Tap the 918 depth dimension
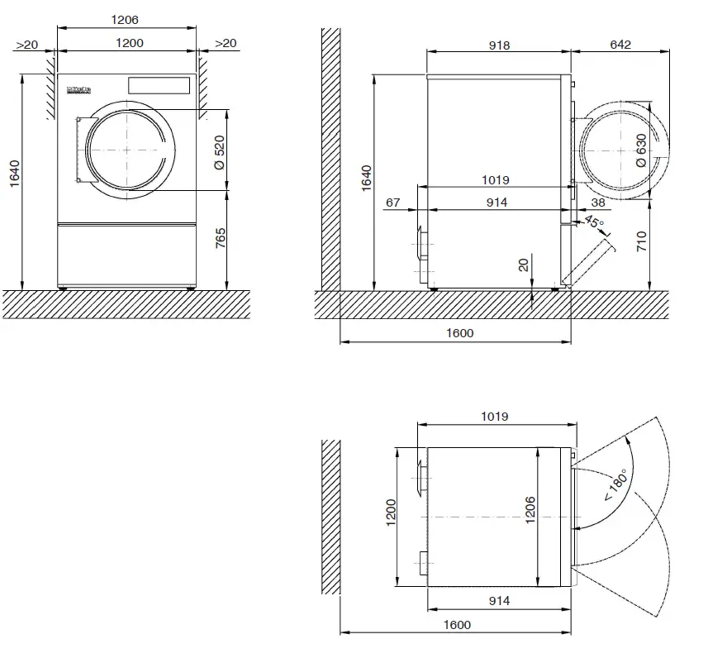point(499,45)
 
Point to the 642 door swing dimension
point(620,45)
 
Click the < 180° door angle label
point(615,485)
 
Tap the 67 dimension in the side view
point(392,203)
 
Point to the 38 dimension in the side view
point(598,203)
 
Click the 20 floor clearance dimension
point(522,265)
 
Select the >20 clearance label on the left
point(27,44)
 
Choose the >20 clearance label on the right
point(225,44)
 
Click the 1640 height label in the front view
point(15,174)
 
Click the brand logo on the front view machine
point(77,87)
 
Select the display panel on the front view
point(158,85)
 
